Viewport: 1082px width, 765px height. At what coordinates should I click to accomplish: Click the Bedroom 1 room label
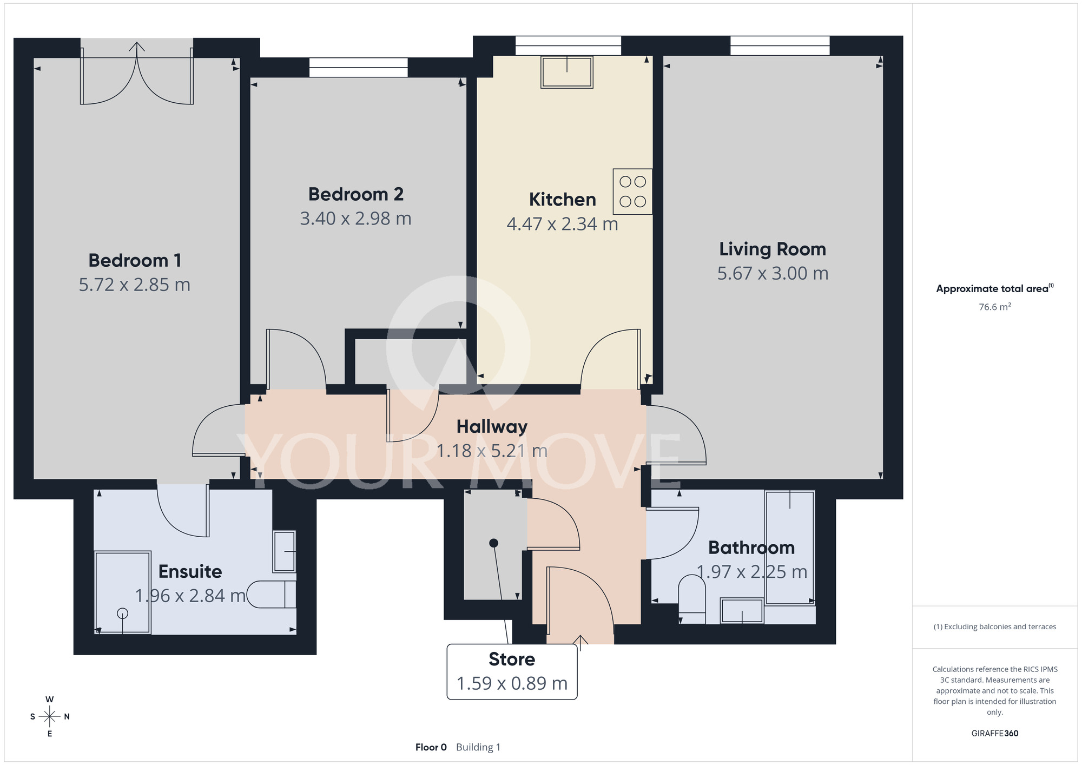click(135, 260)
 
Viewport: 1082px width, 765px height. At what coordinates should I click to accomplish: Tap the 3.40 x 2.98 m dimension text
click(355, 219)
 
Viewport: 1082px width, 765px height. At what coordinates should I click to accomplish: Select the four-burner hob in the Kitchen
click(632, 192)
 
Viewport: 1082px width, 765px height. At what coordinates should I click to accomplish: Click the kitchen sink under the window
click(567, 71)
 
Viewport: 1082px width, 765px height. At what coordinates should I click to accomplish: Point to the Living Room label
click(773, 249)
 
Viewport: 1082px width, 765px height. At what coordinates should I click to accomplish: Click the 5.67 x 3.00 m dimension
click(773, 273)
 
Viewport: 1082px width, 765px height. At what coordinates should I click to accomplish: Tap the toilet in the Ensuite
click(272, 595)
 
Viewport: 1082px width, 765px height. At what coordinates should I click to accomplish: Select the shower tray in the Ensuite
click(123, 592)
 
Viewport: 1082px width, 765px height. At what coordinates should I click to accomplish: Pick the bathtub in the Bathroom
click(790, 548)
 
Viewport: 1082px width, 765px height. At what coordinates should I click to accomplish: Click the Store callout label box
click(512, 671)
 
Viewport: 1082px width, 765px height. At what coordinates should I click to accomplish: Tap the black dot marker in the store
click(493, 543)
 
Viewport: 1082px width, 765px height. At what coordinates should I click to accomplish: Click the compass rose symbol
click(50, 717)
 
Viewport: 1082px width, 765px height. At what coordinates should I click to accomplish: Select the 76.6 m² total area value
click(995, 307)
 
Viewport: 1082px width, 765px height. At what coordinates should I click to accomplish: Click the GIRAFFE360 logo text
click(995, 734)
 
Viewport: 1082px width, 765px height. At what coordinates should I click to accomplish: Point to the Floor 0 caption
click(431, 747)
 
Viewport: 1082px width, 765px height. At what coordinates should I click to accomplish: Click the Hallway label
click(492, 426)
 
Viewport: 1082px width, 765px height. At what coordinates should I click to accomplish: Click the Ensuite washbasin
click(285, 551)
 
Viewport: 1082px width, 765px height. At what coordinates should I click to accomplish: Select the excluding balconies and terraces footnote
click(995, 626)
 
